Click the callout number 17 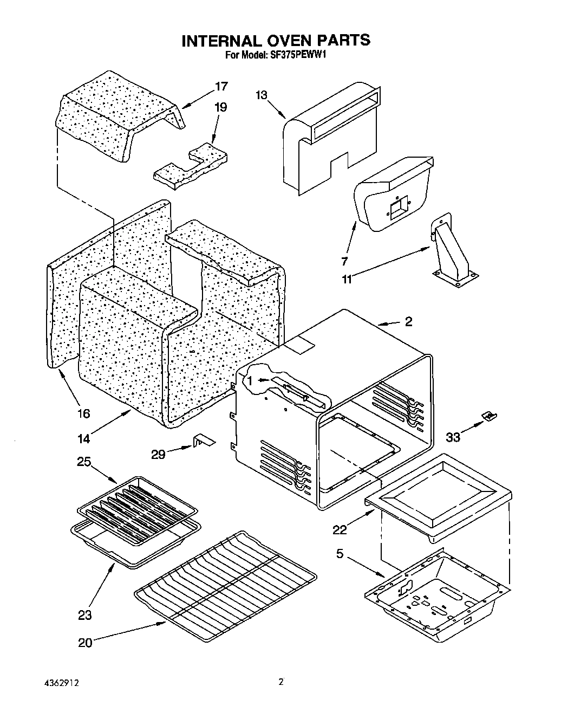point(221,87)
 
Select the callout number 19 point(220,107)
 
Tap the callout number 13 point(262,95)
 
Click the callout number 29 point(158,454)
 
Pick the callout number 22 point(340,530)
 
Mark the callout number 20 point(85,643)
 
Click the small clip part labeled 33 point(490,415)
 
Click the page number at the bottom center point(280,682)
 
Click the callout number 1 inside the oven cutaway point(250,381)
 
